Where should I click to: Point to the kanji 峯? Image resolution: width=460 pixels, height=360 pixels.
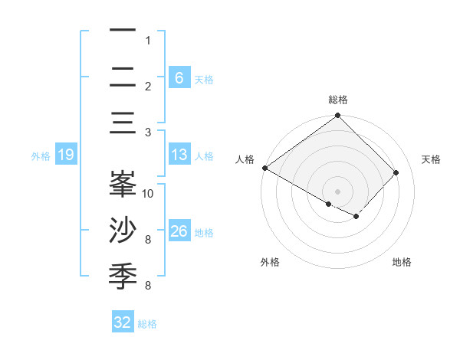click(123, 185)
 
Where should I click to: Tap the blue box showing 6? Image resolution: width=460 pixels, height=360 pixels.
click(179, 77)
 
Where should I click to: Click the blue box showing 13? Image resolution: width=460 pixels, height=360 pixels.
click(179, 155)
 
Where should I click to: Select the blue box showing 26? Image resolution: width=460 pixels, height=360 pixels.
click(179, 231)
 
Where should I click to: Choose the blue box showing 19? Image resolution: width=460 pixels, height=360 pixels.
click(65, 155)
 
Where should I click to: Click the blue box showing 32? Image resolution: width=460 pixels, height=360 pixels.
click(123, 322)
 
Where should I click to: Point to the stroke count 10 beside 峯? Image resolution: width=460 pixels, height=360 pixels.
click(148, 193)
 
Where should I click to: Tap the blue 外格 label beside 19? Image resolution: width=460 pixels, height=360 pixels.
click(41, 156)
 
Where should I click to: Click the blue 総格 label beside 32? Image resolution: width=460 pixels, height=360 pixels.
click(147, 324)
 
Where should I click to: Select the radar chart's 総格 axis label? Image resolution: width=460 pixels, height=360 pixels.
click(338, 100)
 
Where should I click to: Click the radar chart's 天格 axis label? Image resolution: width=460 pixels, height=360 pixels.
click(432, 159)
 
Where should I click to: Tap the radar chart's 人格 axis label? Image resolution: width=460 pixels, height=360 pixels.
click(245, 159)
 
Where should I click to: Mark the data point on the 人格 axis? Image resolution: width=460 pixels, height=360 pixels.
click(264, 168)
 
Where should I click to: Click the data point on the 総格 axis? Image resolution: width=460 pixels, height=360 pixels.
click(337, 116)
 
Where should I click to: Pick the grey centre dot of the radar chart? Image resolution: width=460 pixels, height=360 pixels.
click(337, 191)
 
